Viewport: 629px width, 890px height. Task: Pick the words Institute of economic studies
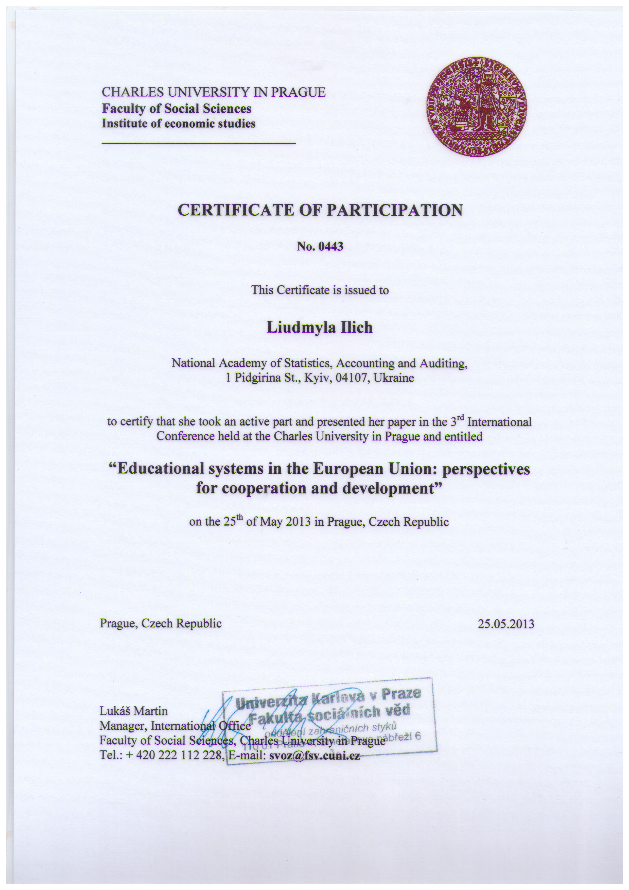click(x=178, y=124)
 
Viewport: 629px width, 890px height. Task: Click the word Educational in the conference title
click(x=160, y=469)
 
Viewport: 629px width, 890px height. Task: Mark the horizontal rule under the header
click(x=198, y=143)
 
